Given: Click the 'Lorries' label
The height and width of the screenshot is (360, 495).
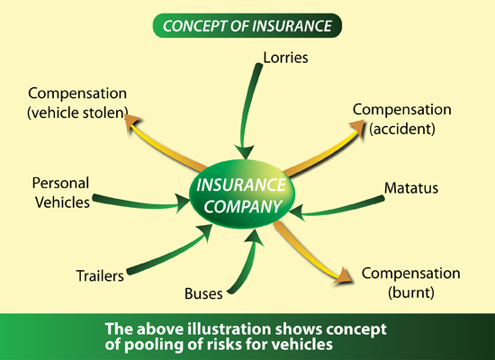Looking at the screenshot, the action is (285, 58).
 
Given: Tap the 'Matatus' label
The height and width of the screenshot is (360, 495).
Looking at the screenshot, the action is (411, 188).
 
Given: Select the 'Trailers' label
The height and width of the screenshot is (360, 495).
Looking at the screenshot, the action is (100, 276).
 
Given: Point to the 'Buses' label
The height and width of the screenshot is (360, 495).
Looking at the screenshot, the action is (203, 293).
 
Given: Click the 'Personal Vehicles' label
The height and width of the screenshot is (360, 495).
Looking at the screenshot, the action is (61, 193).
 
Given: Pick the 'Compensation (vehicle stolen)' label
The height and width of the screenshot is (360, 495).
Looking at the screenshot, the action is (77, 103).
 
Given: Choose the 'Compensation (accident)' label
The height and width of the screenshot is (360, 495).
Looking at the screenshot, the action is (402, 119).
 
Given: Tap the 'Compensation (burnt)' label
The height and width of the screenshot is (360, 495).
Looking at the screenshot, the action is (410, 283).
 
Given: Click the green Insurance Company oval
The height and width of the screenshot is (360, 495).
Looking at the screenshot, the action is (242, 194).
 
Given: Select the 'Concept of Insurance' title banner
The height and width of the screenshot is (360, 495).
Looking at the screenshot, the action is (247, 25).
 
